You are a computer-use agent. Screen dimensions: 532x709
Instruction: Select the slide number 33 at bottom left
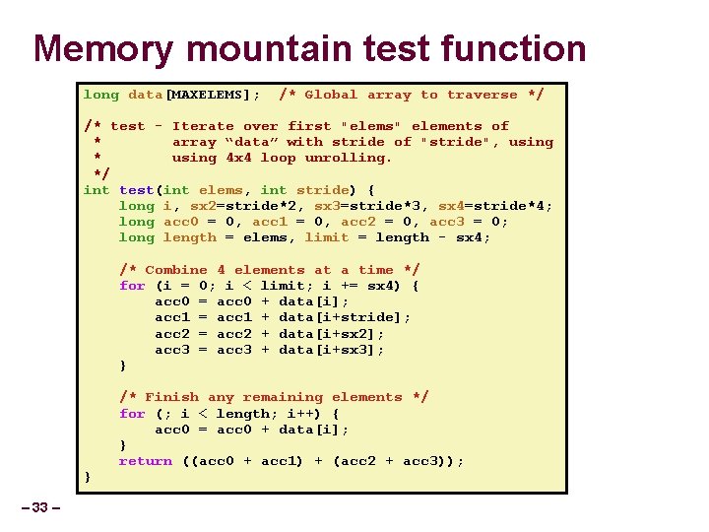click(39, 507)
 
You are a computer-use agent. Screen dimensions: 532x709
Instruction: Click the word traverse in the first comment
click(482, 95)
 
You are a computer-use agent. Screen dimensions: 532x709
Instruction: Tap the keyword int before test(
click(97, 189)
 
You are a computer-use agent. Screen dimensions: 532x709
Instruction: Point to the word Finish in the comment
click(171, 397)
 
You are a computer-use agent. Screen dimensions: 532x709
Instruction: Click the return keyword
click(145, 461)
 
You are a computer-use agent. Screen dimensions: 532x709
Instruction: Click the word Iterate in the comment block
click(203, 126)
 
